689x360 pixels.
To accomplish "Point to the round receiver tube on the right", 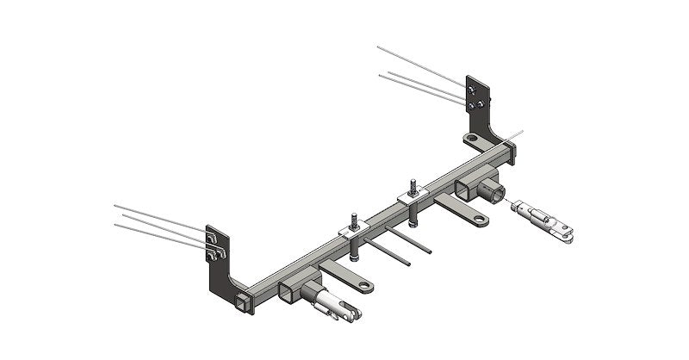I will coord(492,190).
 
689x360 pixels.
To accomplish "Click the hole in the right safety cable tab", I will coord(479,219).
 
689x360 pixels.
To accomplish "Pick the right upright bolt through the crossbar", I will coord(413,188).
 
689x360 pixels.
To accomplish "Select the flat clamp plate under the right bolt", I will coord(410,200).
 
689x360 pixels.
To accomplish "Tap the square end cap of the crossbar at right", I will coord(511,152).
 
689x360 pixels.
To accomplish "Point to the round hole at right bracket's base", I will coord(471,138).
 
